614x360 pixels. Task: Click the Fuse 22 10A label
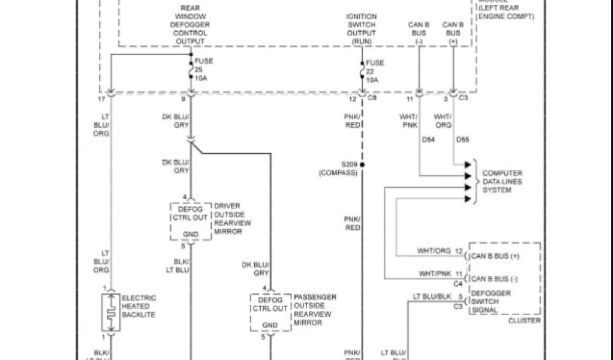coord(372,70)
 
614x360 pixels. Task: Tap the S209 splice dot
coord(362,164)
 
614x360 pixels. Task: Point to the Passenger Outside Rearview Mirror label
coord(315,310)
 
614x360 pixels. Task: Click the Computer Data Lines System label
coord(502,181)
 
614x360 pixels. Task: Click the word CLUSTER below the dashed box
coord(524,321)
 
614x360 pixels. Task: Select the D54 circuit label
coord(429,140)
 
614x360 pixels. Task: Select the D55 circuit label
coord(463,140)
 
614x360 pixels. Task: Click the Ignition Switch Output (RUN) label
coord(362,29)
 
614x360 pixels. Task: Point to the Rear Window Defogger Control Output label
coord(190,25)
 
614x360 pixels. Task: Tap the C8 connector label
coord(372,97)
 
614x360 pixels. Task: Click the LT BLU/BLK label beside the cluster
coord(429,296)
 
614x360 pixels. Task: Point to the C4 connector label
coord(458,283)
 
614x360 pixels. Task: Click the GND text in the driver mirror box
coord(190,235)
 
